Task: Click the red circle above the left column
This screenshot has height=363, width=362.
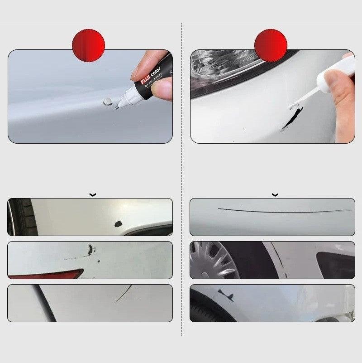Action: (88, 45)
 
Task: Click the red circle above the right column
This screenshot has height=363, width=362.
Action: (271, 45)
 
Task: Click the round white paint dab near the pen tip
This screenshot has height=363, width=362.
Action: (108, 102)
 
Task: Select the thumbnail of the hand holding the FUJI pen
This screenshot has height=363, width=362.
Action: (90, 97)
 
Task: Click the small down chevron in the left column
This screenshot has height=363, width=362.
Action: (93, 195)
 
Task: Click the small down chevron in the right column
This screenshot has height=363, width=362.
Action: (275, 195)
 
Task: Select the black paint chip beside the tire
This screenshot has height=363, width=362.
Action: (119, 223)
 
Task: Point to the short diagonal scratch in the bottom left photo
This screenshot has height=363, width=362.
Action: (124, 294)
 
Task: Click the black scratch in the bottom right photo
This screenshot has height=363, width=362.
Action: (226, 295)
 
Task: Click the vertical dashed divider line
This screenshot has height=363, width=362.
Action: (181, 181)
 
